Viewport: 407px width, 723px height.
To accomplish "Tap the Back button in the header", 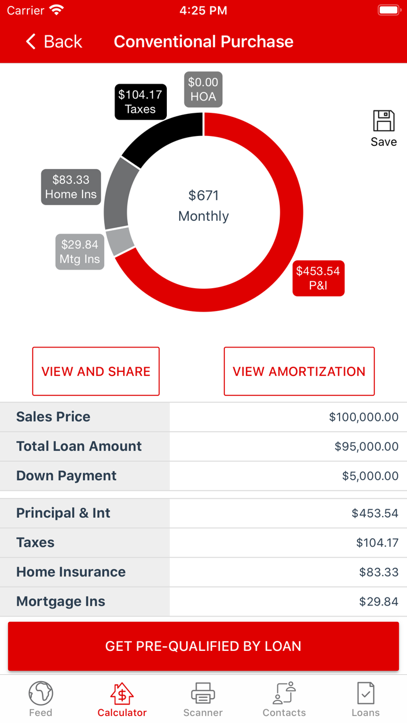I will (54, 42).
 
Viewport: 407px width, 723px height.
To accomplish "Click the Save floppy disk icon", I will (384, 121).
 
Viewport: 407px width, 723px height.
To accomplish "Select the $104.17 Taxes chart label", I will (140, 102).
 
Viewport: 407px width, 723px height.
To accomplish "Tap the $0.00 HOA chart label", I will (203, 90).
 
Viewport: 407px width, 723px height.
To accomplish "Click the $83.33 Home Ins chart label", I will (71, 187).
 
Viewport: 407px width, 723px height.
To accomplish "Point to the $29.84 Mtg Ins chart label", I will (80, 252).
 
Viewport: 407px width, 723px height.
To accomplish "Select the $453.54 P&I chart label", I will (318, 278).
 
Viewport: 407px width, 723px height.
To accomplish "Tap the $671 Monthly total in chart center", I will (203, 206).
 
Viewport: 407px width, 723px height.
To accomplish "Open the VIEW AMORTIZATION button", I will (299, 371).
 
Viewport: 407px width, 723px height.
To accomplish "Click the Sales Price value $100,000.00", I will (363, 417).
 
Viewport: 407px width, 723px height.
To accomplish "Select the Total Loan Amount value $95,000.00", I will (366, 447).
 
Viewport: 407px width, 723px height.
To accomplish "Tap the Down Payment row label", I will (66, 476).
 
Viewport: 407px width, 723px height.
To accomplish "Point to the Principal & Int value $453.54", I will (375, 513).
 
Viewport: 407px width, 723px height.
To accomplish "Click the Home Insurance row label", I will (71, 572).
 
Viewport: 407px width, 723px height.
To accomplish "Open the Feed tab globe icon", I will (41, 693).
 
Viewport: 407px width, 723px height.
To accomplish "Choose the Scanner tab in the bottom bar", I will (203, 699).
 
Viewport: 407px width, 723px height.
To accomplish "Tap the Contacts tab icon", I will (284, 693).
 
